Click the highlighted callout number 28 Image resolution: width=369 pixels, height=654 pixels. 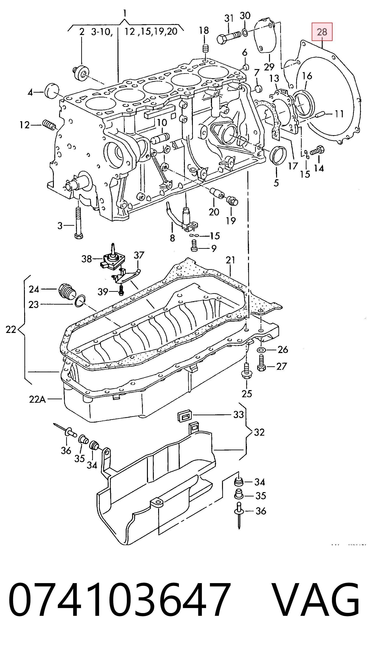322,32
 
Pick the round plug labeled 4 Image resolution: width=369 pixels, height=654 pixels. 52,91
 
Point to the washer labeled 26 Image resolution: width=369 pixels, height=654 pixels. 261,350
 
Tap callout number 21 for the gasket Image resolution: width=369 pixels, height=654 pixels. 230,260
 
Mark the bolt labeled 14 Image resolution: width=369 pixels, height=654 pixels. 317,150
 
